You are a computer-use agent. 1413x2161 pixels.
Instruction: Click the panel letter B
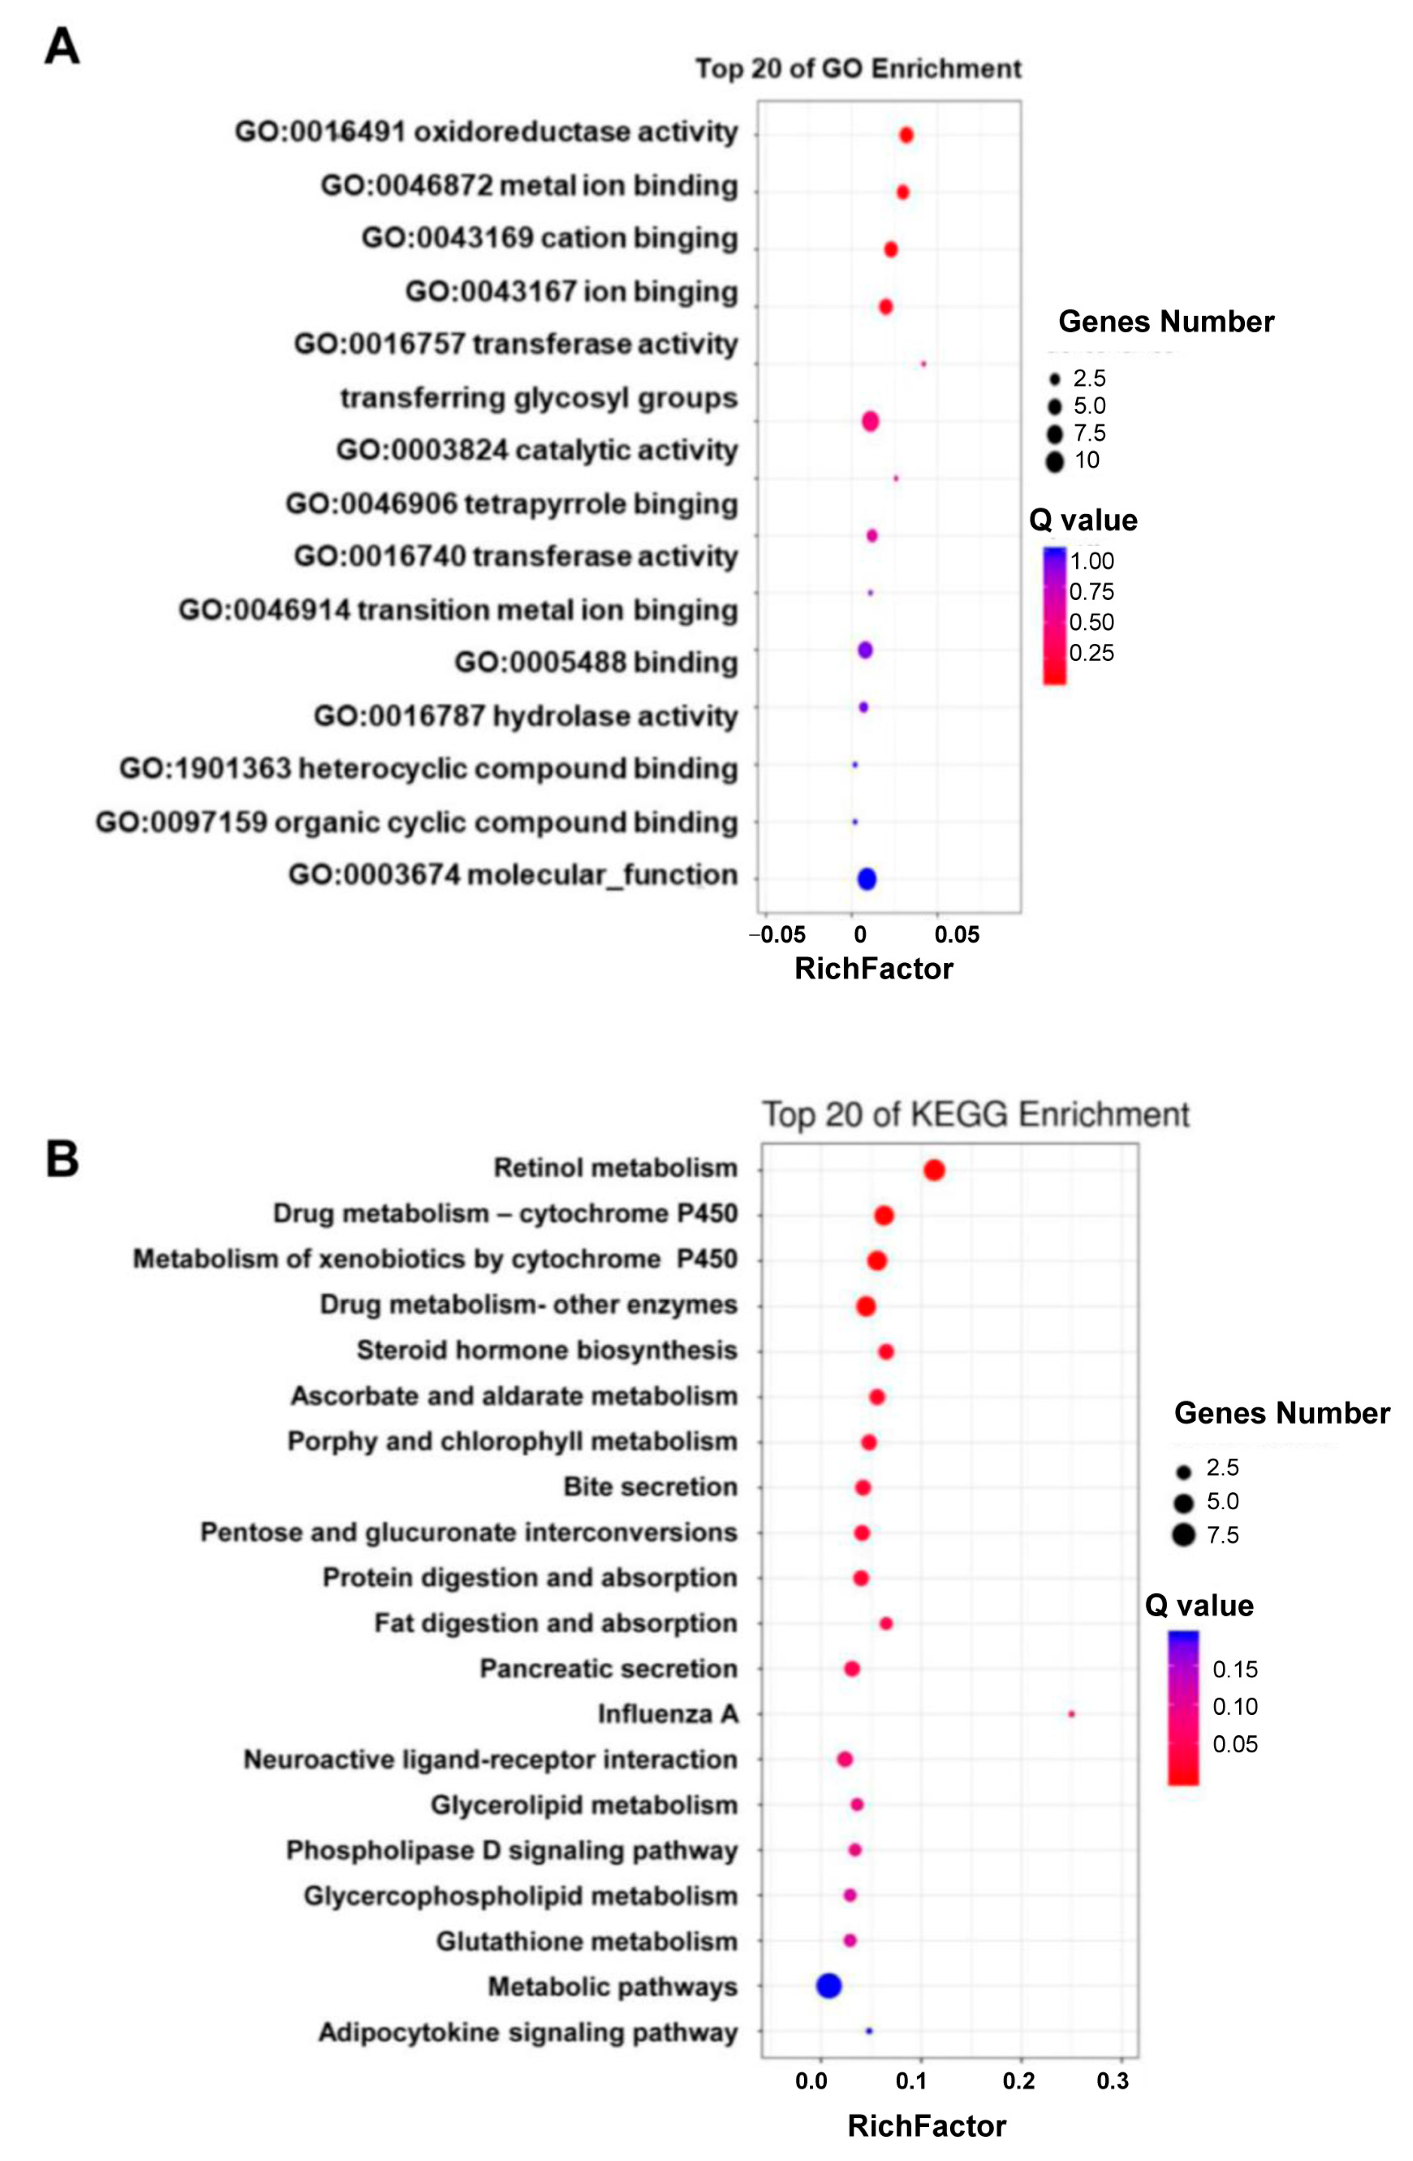[x=62, y=1159]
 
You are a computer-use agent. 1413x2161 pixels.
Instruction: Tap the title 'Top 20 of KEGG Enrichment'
[x=974, y=1114]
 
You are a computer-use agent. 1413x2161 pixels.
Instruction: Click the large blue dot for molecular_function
[x=866, y=879]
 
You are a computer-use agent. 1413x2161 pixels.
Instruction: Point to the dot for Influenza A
[x=1072, y=1714]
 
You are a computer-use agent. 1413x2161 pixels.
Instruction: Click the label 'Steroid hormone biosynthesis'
[x=547, y=1350]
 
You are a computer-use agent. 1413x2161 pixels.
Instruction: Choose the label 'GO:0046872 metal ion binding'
[x=528, y=185]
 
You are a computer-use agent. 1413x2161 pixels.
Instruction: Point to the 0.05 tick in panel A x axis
[x=957, y=935]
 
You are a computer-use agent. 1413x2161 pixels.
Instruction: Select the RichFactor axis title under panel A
[x=873, y=969]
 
